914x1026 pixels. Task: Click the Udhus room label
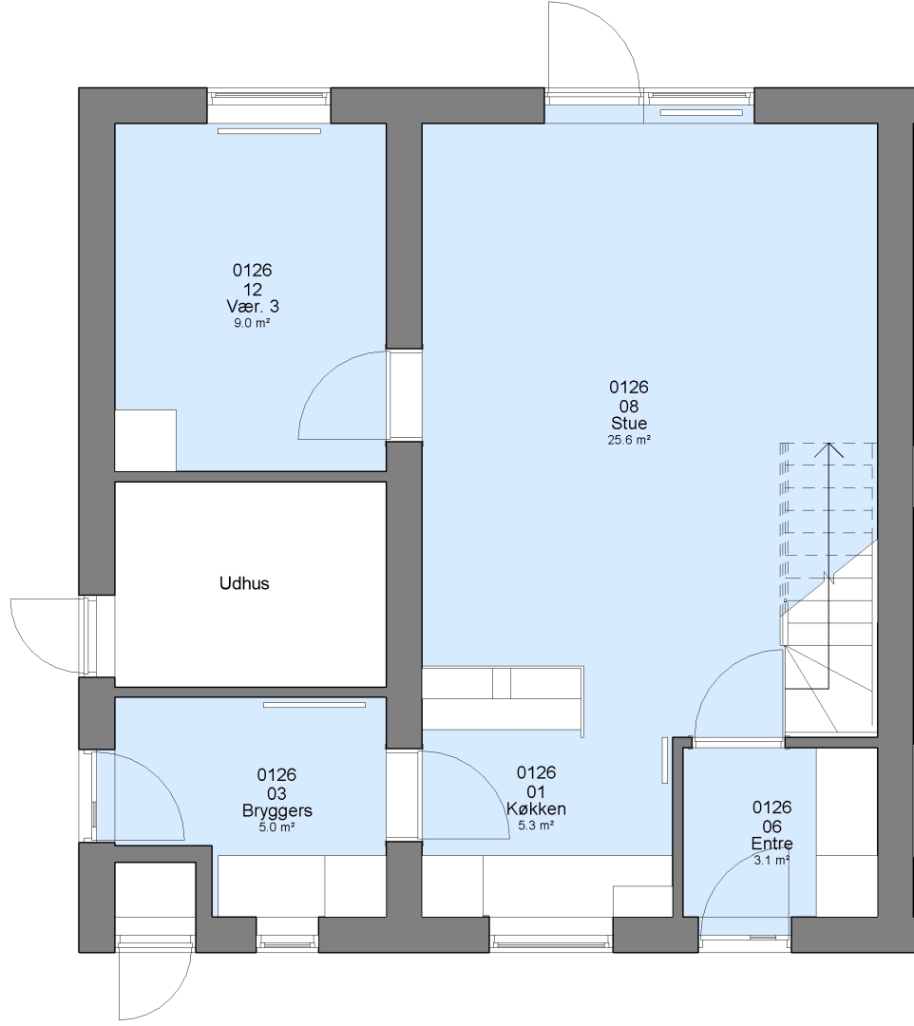(244, 583)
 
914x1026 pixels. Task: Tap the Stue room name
(629, 423)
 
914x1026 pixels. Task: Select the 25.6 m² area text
(629, 440)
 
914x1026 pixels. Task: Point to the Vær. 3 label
(253, 306)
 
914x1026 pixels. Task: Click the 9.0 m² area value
(253, 323)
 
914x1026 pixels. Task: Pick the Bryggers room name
(276, 810)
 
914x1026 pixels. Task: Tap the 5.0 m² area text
(276, 827)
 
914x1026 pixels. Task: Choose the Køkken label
(537, 808)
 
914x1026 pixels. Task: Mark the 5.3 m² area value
(537, 826)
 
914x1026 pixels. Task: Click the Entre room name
(772, 844)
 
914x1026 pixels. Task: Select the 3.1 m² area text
(772, 861)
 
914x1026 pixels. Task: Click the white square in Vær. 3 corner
(145, 441)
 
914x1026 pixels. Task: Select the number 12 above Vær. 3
(253, 289)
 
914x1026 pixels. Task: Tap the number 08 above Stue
(629, 407)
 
